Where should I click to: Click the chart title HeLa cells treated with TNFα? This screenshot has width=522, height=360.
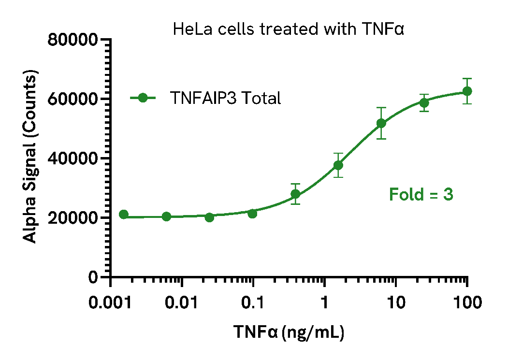click(x=288, y=29)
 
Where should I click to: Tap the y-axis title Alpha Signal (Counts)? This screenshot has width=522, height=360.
click(x=30, y=158)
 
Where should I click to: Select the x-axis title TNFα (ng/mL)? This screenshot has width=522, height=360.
click(x=289, y=332)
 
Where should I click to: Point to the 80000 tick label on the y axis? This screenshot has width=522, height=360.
click(x=73, y=40)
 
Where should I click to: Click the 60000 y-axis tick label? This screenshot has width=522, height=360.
click(x=73, y=100)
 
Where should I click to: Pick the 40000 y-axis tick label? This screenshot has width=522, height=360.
click(x=73, y=159)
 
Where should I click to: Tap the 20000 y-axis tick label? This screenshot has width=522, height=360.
click(x=73, y=218)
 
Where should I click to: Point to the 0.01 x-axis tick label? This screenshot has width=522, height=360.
click(x=182, y=303)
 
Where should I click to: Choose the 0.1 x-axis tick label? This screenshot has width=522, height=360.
click(x=254, y=303)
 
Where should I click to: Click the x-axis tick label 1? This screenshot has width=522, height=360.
click(x=324, y=303)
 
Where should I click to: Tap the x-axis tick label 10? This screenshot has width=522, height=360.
click(x=396, y=303)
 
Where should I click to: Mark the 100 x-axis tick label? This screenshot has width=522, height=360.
click(x=467, y=303)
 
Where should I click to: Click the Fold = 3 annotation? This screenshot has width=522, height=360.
click(x=421, y=195)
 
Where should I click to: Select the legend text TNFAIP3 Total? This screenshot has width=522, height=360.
click(x=225, y=98)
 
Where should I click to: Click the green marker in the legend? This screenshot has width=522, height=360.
click(x=142, y=98)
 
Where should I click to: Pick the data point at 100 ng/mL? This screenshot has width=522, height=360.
click(x=467, y=91)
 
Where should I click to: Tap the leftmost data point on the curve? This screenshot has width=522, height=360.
click(x=124, y=215)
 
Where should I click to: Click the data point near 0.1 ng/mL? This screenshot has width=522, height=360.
click(x=252, y=213)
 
